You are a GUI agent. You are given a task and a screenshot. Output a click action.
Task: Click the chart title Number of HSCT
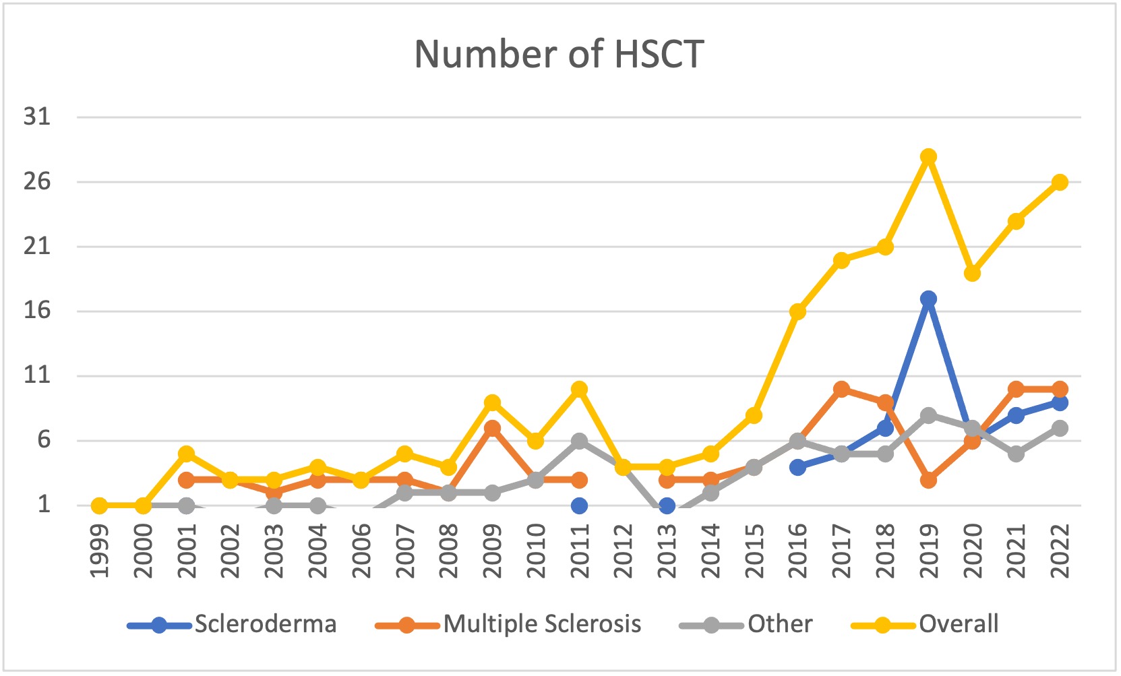pyautogui.click(x=559, y=54)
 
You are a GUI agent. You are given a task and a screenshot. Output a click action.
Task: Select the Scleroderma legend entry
pyautogui.click(x=265, y=624)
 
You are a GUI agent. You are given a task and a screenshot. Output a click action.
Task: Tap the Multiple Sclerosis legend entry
pyautogui.click(x=542, y=624)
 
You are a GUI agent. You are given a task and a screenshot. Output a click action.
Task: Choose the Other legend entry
pyautogui.click(x=779, y=624)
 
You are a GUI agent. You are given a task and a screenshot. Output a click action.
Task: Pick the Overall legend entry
pyautogui.click(x=958, y=624)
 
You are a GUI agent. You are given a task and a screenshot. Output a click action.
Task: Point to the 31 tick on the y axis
pyautogui.click(x=37, y=117)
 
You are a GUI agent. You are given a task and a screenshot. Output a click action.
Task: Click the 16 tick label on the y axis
pyautogui.click(x=37, y=311)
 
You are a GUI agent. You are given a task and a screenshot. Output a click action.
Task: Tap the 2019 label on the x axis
pyautogui.click(x=929, y=551)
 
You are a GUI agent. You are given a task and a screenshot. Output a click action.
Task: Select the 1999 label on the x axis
pyautogui.click(x=99, y=551)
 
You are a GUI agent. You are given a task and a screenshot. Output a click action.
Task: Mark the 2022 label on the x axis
pyautogui.click(x=1060, y=551)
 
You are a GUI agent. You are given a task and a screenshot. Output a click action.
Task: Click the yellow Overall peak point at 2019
pyautogui.click(x=928, y=156)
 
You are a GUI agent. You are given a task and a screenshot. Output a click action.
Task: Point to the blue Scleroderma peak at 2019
pyautogui.click(x=928, y=299)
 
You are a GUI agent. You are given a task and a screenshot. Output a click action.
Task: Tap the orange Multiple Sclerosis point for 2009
pyautogui.click(x=492, y=428)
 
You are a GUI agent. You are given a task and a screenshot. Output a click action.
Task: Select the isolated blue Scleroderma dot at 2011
pyautogui.click(x=579, y=505)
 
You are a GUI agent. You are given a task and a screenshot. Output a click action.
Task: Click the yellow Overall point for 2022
pyautogui.click(x=1060, y=182)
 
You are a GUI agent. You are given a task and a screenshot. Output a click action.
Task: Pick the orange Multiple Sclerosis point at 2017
pyautogui.click(x=841, y=389)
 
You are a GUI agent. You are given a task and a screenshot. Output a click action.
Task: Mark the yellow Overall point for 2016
pyautogui.click(x=797, y=311)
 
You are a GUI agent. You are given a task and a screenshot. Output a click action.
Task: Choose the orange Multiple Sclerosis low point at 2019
pyautogui.click(x=928, y=480)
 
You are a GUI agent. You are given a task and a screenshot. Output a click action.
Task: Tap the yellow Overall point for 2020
pyautogui.click(x=972, y=273)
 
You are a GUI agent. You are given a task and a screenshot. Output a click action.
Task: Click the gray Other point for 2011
pyautogui.click(x=579, y=441)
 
